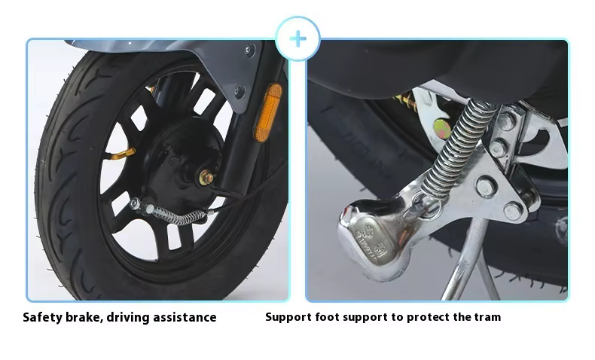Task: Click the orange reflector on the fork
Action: (x=268, y=113)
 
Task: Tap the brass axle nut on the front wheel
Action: (x=206, y=178)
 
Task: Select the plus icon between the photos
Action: (x=298, y=38)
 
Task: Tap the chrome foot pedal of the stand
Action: (x=376, y=238)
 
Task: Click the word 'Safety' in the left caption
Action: (x=42, y=317)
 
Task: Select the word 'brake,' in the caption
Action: (x=84, y=317)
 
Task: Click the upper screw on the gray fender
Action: (x=249, y=50)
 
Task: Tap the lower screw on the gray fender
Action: (x=240, y=91)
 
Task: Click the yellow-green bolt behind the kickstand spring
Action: (x=441, y=128)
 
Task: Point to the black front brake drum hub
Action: (x=182, y=160)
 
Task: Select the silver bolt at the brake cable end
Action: (x=135, y=203)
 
